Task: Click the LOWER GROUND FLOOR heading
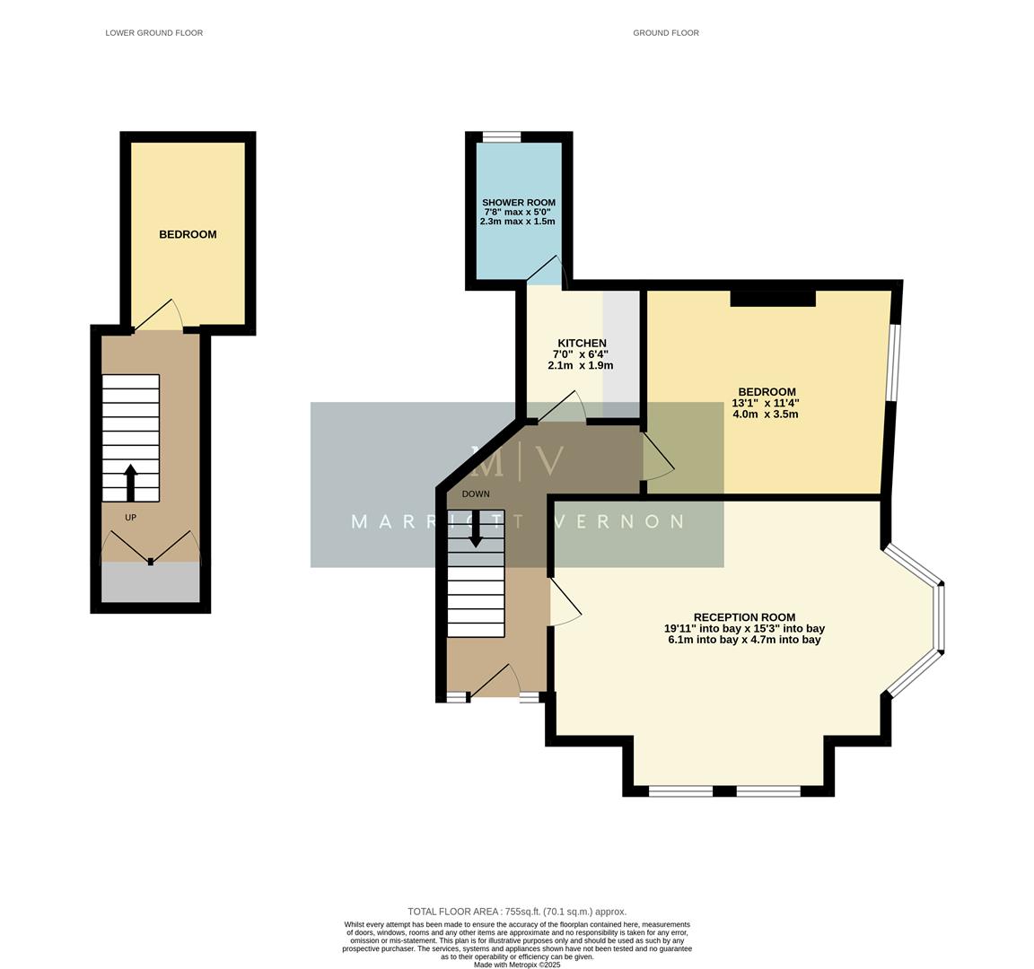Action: tap(153, 33)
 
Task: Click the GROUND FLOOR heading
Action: tap(665, 33)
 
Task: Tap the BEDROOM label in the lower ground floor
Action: tap(188, 234)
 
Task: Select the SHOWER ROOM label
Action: tap(518, 203)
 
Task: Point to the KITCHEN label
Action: tap(582, 343)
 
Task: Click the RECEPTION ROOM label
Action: tap(744, 617)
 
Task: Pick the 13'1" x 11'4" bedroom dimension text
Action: tap(766, 403)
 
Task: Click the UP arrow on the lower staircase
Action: tap(130, 482)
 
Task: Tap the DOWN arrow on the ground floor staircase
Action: tap(476, 529)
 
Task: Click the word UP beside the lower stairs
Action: tap(130, 518)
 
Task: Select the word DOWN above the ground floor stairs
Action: tap(476, 494)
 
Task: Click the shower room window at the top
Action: tap(501, 137)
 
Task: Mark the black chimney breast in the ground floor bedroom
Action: tap(772, 298)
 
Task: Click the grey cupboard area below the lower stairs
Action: tap(150, 583)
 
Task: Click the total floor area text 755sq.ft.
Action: tap(517, 911)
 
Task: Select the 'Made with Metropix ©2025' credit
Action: tap(517, 965)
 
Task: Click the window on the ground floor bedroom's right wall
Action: tap(891, 362)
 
